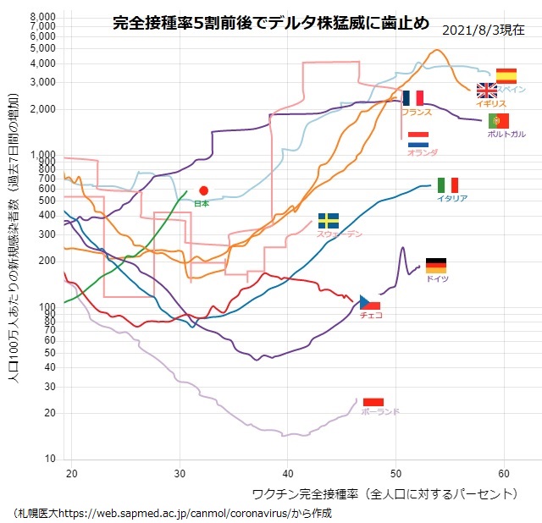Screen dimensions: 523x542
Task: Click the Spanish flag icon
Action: pyautogui.click(x=506, y=76)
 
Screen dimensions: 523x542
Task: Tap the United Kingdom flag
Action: pyautogui.click(x=487, y=91)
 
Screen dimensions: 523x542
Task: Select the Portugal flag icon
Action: pyautogui.click(x=498, y=121)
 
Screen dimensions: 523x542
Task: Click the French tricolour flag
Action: pyautogui.click(x=413, y=98)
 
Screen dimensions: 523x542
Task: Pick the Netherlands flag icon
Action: pyautogui.click(x=418, y=139)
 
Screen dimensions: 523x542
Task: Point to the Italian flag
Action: pyautogui.click(x=448, y=185)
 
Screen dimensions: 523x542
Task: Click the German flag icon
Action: pyautogui.click(x=435, y=266)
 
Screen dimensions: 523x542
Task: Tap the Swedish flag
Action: pyautogui.click(x=328, y=220)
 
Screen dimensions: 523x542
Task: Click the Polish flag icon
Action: pyautogui.click(x=373, y=402)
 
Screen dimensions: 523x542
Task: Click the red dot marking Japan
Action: pyautogui.click(x=203, y=190)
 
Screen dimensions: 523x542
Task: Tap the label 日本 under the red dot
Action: pyautogui.click(x=202, y=204)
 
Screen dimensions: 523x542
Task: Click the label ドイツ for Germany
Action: pyautogui.click(x=437, y=279)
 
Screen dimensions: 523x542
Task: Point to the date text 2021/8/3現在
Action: pyautogui.click(x=483, y=30)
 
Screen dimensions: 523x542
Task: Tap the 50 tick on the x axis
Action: pyautogui.click(x=395, y=472)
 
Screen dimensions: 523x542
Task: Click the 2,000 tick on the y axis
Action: pyautogui.click(x=42, y=109)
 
